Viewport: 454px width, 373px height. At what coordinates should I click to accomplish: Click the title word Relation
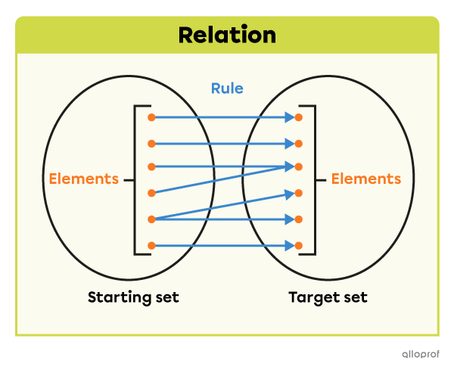[x=227, y=35]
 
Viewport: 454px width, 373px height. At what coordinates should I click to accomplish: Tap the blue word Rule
[x=227, y=89]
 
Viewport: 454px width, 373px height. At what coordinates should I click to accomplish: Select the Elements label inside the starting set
[x=83, y=179]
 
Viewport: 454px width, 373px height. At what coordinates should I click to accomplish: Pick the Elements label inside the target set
[x=366, y=179]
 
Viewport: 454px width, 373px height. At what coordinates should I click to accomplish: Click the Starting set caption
[x=133, y=297]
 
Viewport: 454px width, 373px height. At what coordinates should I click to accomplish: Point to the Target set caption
[x=328, y=297]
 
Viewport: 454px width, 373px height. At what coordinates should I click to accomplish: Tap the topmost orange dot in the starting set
[x=152, y=117]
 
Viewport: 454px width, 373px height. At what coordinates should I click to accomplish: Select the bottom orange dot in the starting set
[x=152, y=245]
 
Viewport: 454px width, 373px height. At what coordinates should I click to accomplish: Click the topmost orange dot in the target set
[x=299, y=117]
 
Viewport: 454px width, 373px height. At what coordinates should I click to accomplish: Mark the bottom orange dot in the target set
[x=299, y=245]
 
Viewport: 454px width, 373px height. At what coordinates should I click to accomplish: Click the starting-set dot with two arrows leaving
[x=152, y=219]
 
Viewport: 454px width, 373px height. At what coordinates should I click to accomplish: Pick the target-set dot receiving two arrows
[x=299, y=166]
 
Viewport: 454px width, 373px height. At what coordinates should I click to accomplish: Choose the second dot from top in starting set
[x=152, y=143]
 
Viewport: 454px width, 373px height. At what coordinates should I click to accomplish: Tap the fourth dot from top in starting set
[x=152, y=192]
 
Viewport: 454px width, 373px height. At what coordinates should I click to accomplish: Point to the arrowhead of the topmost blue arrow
[x=289, y=117]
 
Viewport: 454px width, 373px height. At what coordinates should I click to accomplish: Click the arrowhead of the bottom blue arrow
[x=289, y=245]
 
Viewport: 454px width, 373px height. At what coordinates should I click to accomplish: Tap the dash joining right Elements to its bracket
[x=323, y=180]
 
